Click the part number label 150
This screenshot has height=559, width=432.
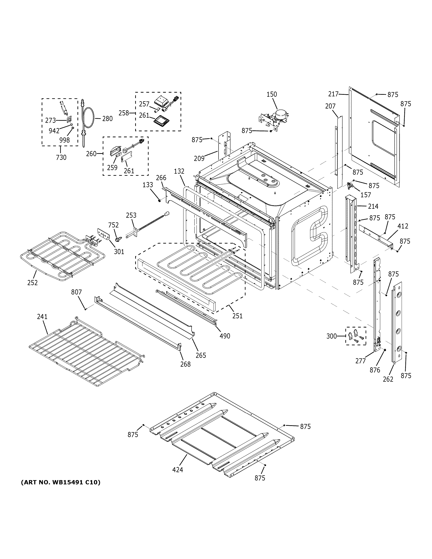(272, 94)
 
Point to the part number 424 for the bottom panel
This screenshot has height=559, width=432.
(178, 470)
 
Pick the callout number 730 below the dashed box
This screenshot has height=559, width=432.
(61, 157)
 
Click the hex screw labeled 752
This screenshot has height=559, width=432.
(118, 239)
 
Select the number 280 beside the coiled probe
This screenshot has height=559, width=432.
(107, 119)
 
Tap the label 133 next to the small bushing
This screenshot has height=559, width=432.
(148, 185)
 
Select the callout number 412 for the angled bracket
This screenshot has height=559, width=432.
(403, 226)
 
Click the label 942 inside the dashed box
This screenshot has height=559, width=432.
(54, 131)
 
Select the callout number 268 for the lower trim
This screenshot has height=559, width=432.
(185, 364)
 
